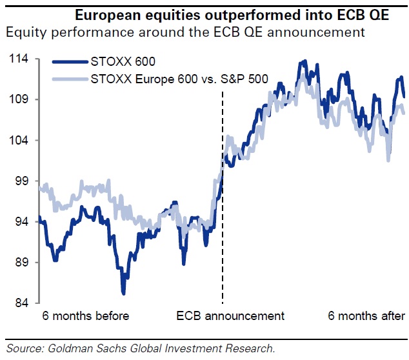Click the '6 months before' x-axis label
click(x=85, y=315)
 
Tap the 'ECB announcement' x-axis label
click(x=230, y=315)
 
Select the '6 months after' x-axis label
click(x=366, y=315)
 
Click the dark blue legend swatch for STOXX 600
click(x=70, y=63)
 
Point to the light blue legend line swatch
click(x=70, y=79)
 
